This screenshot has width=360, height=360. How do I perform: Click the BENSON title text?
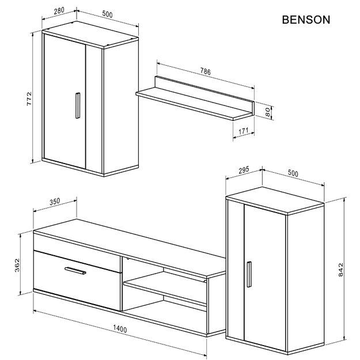pos(306,20)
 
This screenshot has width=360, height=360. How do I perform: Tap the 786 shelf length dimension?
pos(205,72)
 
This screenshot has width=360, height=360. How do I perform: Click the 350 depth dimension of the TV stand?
pos(54,202)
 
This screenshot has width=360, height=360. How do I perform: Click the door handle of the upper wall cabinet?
pos(75,106)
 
